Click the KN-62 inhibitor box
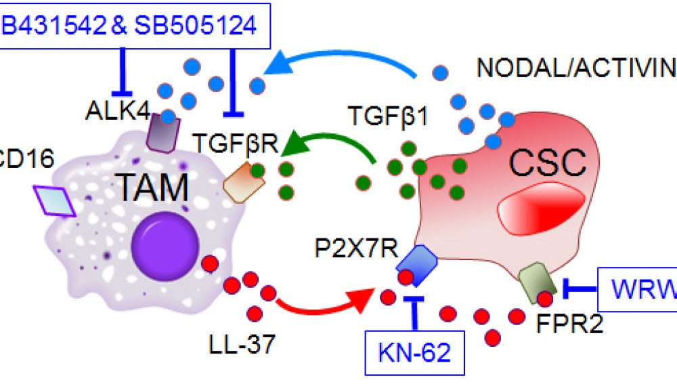point(414,351)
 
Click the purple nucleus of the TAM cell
point(165,244)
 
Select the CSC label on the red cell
point(546,163)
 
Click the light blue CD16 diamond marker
point(55,200)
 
